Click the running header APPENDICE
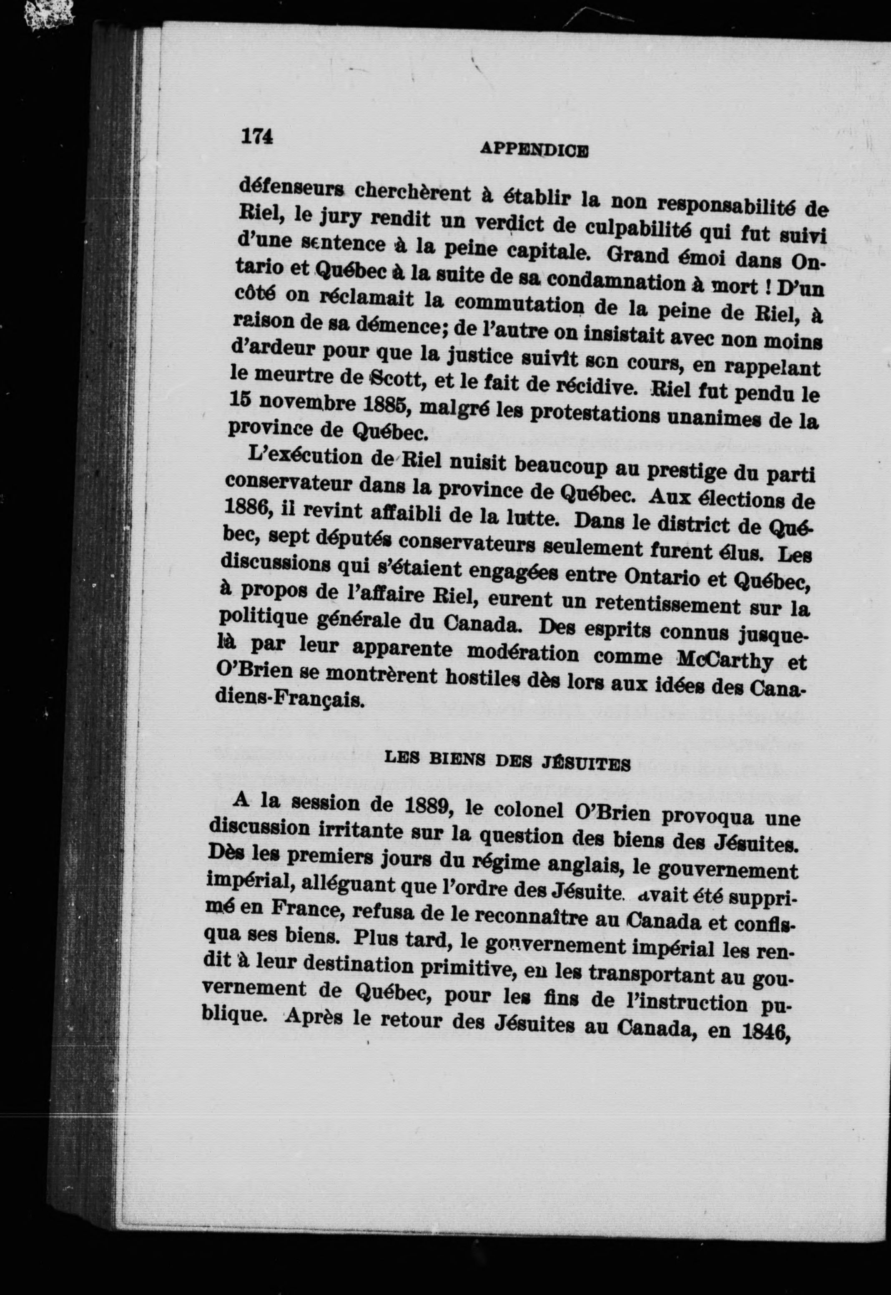click(534, 150)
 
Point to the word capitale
click(542, 252)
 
